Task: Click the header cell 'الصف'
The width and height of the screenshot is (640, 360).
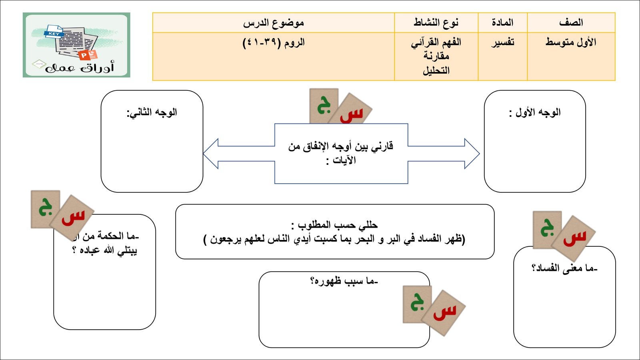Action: [571, 23]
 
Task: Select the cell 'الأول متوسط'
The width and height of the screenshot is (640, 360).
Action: [571, 42]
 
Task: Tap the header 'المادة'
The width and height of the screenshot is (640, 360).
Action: [502, 23]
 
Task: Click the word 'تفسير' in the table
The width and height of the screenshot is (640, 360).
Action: [502, 42]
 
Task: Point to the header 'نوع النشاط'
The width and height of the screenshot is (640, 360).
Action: [436, 23]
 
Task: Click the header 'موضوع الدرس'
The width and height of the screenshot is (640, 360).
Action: [274, 23]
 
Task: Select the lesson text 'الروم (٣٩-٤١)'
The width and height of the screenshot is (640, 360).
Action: [274, 42]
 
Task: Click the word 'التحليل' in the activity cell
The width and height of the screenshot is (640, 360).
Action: [436, 71]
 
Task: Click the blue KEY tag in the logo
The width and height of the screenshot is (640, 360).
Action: [54, 34]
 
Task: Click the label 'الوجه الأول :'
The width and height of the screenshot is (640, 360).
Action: [535, 112]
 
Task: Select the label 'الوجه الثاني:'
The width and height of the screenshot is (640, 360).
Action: [152, 112]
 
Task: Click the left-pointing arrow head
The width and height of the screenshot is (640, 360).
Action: [211, 154]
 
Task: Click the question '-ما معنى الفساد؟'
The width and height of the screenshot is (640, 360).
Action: [564, 268]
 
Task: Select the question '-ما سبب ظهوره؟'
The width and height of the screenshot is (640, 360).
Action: [344, 282]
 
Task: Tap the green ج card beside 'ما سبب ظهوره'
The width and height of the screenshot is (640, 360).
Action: [416, 303]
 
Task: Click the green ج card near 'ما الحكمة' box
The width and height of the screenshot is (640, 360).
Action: [45, 208]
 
